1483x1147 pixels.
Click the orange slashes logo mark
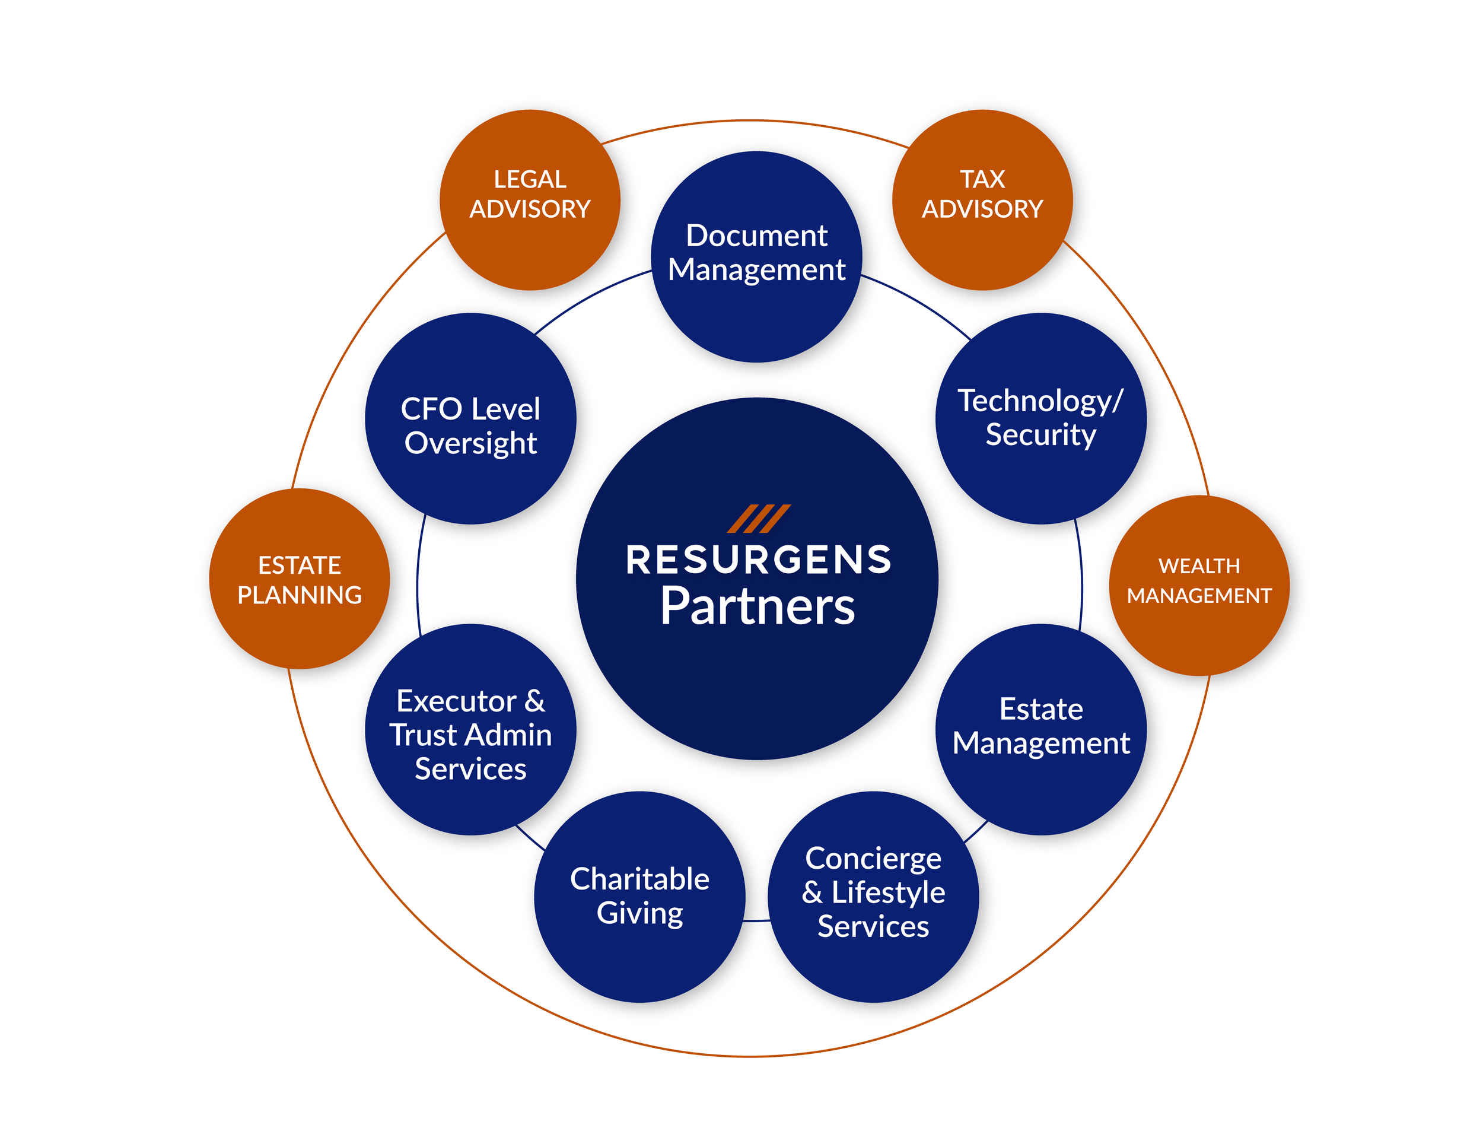pyautogui.click(x=759, y=519)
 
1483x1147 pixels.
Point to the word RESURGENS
pyautogui.click(x=759, y=560)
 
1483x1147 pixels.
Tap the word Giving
pyautogui.click(x=639, y=913)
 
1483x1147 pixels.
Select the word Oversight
pyautogui.click(x=470, y=443)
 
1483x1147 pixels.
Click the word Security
pyautogui.click(x=1041, y=434)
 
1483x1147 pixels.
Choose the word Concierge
pyautogui.click(x=873, y=859)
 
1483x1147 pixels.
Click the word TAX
pyautogui.click(x=982, y=179)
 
